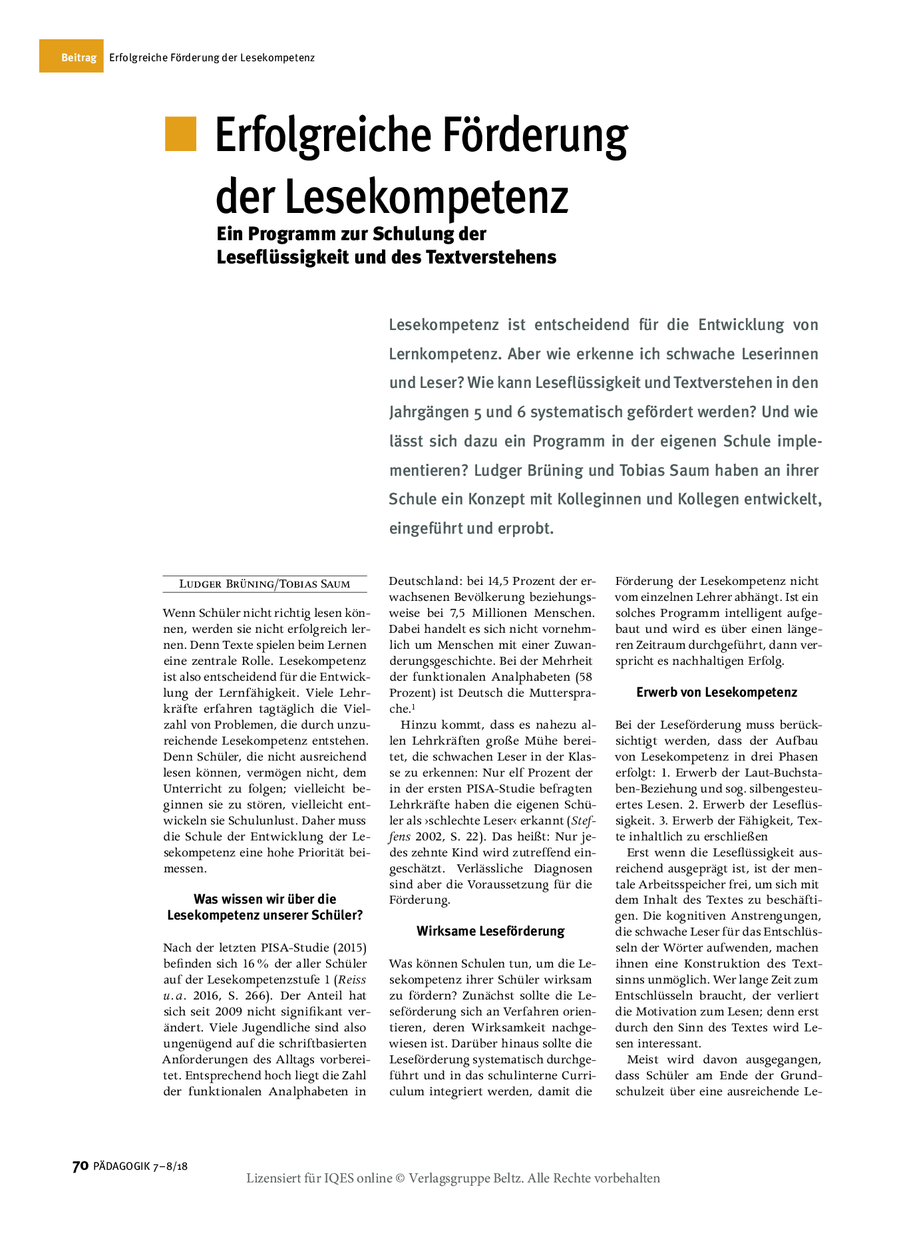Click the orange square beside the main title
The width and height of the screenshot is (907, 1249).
[180, 134]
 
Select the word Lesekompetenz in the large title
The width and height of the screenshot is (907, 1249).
[427, 196]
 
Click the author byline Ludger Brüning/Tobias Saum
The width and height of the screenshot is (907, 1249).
[265, 584]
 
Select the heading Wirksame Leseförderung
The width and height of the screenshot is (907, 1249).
[490, 931]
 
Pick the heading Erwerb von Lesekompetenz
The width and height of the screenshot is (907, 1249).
[717, 692]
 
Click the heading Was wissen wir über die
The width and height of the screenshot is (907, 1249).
[265, 899]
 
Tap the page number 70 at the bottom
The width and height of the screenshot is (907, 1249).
[80, 1166]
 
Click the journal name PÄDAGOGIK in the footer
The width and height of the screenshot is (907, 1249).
[122, 1166]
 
